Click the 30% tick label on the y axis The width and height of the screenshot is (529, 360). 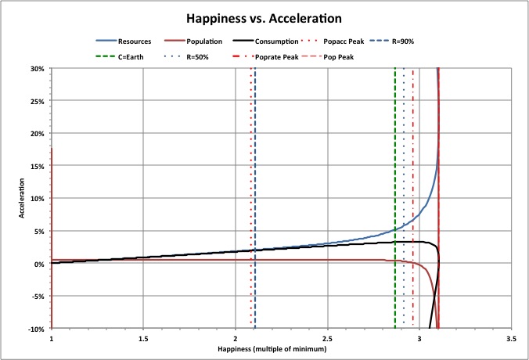tap(37, 68)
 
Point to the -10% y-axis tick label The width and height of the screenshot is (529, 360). tap(36, 329)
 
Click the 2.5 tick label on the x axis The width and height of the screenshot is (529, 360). tap(327, 340)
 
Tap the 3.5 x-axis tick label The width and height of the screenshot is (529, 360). tap(511, 340)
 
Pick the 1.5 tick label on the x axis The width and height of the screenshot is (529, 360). tap(143, 340)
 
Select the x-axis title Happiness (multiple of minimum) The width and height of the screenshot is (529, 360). tap(281, 351)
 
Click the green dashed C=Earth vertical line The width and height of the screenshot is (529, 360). tap(395, 157)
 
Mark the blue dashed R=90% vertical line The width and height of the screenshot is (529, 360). tap(255, 157)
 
